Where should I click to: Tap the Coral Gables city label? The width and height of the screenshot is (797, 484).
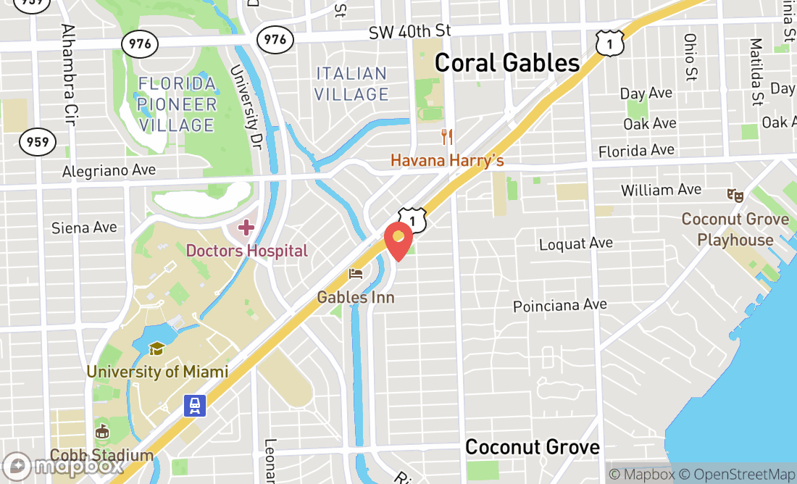point(507,63)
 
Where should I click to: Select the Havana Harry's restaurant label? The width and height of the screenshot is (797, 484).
point(447,159)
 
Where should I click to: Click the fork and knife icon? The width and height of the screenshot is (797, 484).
point(447,136)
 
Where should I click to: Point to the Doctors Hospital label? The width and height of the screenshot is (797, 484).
point(247,251)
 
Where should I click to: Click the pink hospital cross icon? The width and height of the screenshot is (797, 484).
point(246,228)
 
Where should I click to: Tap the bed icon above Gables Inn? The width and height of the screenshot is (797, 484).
point(356,274)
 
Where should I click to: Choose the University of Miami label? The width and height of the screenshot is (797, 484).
point(157,372)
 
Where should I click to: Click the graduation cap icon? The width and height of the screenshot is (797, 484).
point(157,349)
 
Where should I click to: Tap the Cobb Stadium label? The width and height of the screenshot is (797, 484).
point(102,456)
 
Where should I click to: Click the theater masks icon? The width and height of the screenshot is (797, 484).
point(735,195)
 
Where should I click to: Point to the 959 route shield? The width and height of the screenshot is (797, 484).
point(38,141)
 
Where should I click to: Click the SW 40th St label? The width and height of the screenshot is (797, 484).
point(409,32)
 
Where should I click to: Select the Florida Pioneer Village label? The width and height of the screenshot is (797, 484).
point(178,104)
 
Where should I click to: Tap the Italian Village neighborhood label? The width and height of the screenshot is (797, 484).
point(352,84)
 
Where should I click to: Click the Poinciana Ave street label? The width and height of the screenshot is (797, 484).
point(559,306)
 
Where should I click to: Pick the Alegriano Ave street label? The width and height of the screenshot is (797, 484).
point(109,171)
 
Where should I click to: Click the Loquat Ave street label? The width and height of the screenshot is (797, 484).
point(576,243)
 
